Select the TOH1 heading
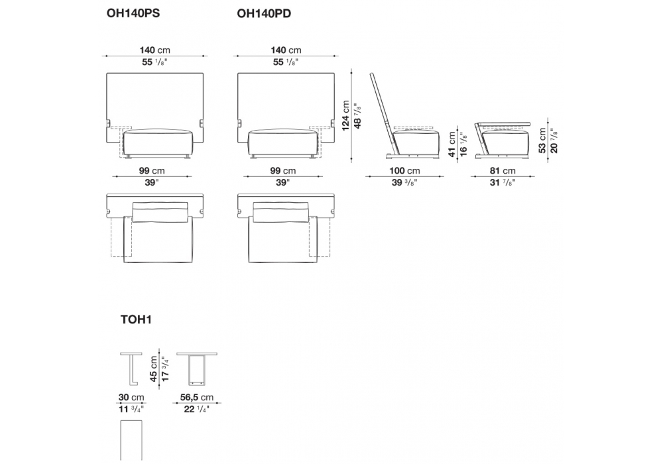pos(137,319)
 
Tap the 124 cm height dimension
pos(345,117)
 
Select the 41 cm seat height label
pos(453,143)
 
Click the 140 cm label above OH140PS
pos(154,50)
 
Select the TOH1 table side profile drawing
pos(132,368)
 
